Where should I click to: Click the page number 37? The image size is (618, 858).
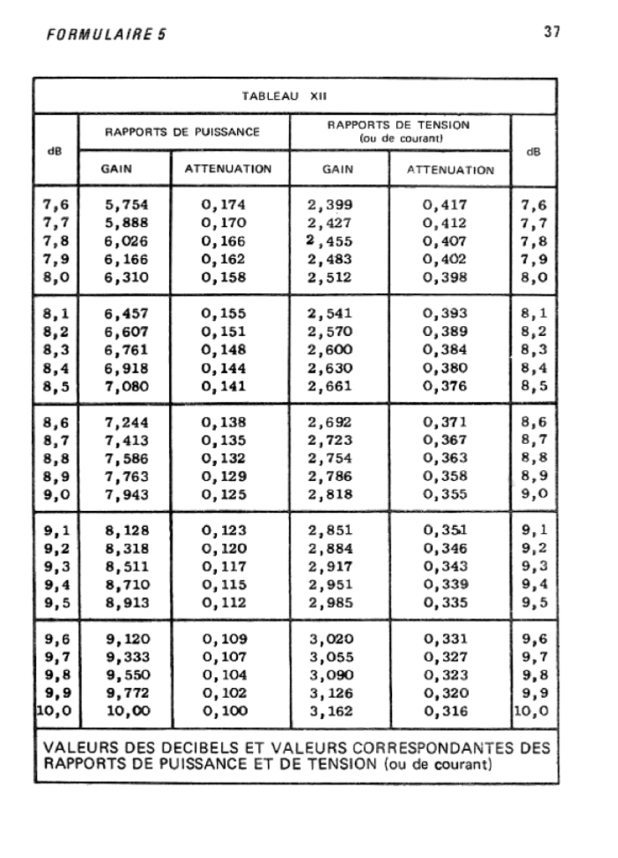pos(551,32)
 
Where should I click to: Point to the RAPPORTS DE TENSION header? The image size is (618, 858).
pos(398,125)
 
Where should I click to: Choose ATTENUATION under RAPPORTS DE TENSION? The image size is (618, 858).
pos(451,170)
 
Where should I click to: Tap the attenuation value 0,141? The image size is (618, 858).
pos(224,387)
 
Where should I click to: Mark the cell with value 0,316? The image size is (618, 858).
pos(444,712)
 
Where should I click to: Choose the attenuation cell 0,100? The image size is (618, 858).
pos(224,712)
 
